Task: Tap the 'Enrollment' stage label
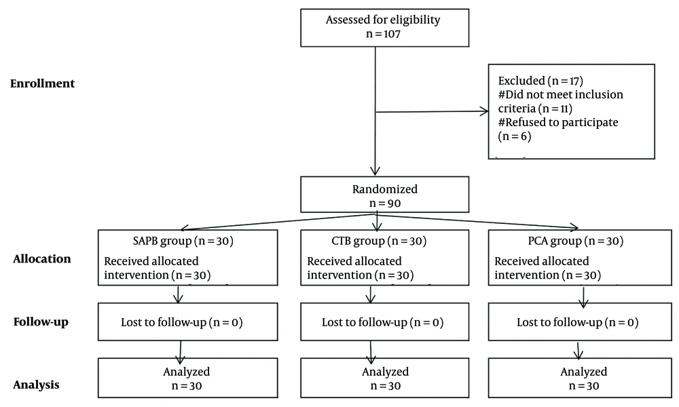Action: coord(42,83)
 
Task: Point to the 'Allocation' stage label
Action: coord(42,258)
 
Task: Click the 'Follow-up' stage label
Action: coord(41,322)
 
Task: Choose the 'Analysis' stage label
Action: coord(37,385)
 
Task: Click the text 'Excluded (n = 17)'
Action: coord(541,81)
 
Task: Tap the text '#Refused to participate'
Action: coord(558,122)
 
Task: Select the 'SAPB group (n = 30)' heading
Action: coord(183,241)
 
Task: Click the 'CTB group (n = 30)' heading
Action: coord(379,241)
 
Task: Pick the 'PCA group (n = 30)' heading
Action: coord(576,241)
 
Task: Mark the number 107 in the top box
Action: coord(392,34)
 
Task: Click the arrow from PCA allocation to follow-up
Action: coord(583,296)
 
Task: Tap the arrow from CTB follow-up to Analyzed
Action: coord(370,352)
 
